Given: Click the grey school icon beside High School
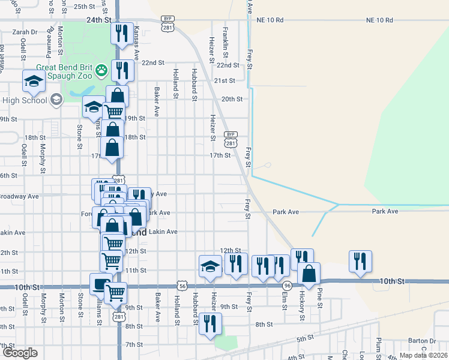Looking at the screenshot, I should point(56,100).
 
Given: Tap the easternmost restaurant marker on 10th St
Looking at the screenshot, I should point(360,262).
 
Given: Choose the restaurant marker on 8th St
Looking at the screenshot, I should point(210,325).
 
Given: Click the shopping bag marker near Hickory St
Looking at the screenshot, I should point(309,274).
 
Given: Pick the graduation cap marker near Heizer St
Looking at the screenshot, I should point(210,266).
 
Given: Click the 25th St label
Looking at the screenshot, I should point(84,7).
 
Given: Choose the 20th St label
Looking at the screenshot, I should point(231,99).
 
